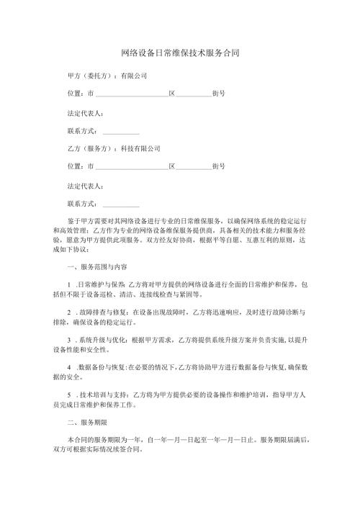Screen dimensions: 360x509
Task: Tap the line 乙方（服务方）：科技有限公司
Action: pos(113,148)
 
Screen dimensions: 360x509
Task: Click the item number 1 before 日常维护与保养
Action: pos(68,285)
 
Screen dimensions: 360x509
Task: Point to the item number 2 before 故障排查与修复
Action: pos(68,313)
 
